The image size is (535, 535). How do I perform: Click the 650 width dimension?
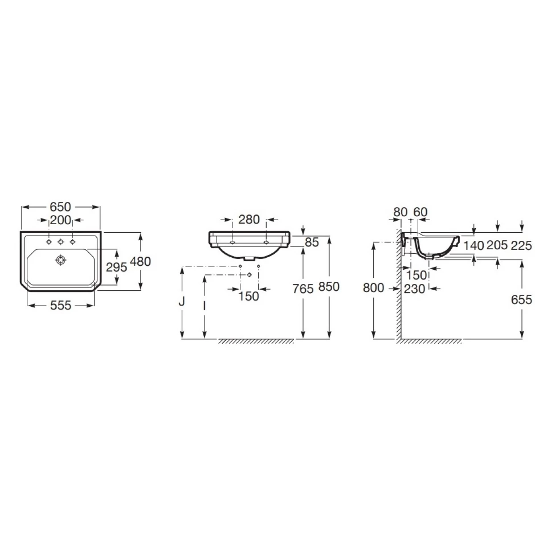60,207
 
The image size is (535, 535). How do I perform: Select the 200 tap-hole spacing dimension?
60,220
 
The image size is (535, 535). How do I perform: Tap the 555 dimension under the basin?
61,306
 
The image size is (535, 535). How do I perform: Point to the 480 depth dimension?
140,262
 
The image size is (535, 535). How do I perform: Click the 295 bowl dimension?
116,267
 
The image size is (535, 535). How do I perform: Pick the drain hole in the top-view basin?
61,260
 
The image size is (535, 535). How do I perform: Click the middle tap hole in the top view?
61,242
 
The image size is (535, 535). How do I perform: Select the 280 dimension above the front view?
249,220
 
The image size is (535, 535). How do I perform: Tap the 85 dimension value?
312,243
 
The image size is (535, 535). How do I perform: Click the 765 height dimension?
303,289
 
